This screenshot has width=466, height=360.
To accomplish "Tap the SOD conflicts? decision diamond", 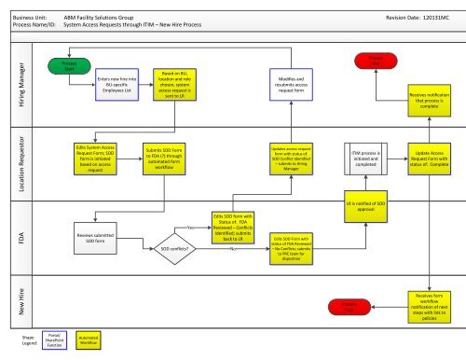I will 173,250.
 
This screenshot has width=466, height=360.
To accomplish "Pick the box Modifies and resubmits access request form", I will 287,87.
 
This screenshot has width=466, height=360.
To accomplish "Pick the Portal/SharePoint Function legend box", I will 55,342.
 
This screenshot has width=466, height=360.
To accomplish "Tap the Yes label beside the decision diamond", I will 192,228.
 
